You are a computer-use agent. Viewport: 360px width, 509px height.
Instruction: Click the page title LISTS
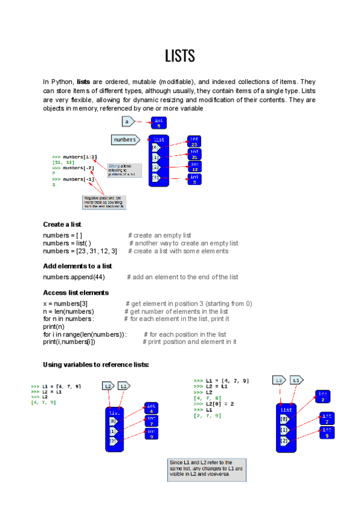[179, 56]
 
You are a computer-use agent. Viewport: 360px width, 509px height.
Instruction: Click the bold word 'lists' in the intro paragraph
[83, 82]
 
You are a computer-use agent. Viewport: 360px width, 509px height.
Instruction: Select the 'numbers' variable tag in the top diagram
[125, 140]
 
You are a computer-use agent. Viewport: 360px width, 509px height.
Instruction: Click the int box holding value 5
[158, 123]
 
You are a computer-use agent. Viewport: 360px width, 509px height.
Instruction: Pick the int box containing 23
[194, 142]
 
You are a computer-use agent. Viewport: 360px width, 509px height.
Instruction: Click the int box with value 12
[194, 166]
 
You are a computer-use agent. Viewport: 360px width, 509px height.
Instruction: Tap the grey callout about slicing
[124, 170]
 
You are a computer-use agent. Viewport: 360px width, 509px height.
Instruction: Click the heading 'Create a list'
[62, 224]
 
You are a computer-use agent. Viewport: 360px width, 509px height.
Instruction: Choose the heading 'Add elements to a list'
[77, 266]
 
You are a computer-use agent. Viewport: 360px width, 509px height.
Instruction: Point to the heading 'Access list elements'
[76, 293]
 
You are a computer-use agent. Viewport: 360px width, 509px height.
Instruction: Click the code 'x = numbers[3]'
[65, 304]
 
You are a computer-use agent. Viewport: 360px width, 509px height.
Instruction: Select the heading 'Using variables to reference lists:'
[96, 364]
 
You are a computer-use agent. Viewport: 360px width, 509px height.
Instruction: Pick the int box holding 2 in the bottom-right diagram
[322, 397]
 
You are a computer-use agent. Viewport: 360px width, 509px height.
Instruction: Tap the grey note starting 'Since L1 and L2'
[206, 469]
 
